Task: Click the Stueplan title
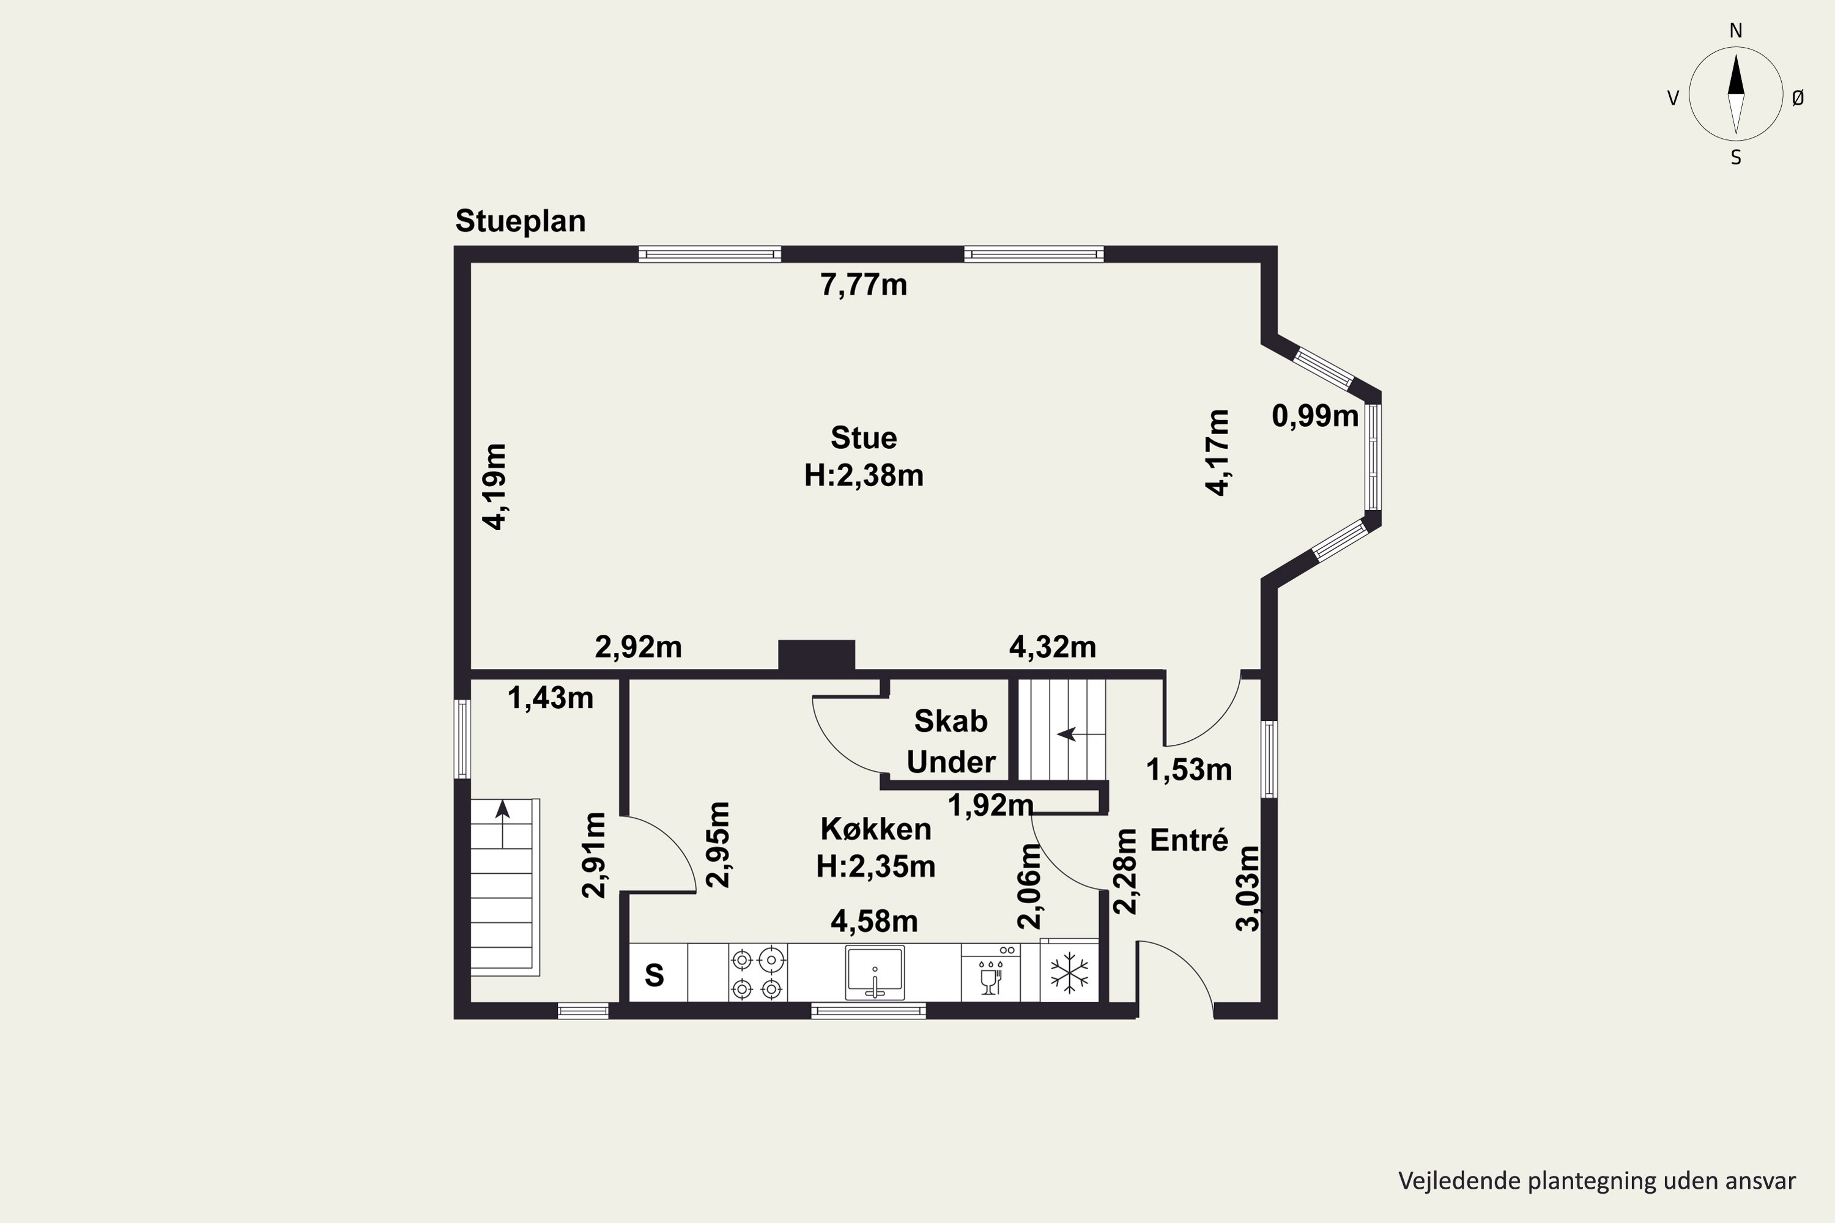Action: (521, 221)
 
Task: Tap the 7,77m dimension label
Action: (864, 286)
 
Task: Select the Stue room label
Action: (864, 438)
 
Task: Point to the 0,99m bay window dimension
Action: (1316, 416)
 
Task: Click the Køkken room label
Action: (875, 829)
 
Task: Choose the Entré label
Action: (1189, 840)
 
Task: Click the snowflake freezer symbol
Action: (1069, 974)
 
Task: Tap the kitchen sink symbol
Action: (875, 973)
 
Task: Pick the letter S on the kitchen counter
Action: (654, 975)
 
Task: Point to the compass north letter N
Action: (1736, 31)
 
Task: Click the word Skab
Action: (951, 722)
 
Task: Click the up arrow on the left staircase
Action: (502, 823)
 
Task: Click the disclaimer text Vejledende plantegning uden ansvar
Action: (1597, 1181)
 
